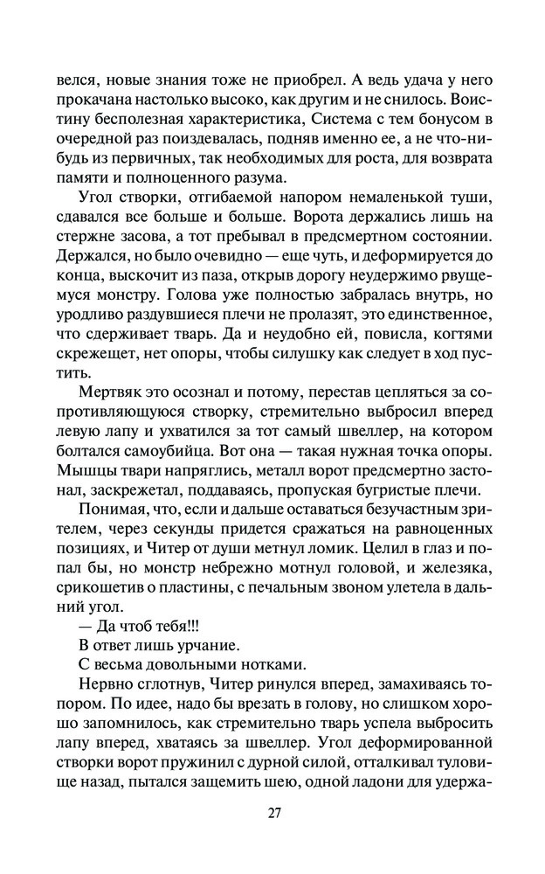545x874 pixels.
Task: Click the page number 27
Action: pyautogui.click(x=273, y=812)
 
